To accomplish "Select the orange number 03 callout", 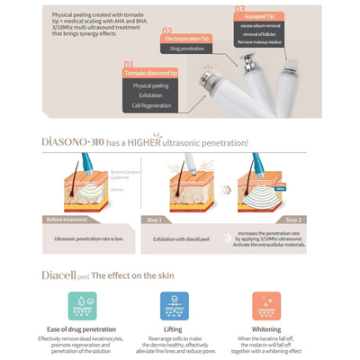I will pyautogui.click(x=240, y=10).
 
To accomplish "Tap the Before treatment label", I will pyautogui.click(x=68, y=220).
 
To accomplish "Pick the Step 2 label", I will pyautogui.click(x=293, y=220).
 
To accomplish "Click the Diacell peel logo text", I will pyautogui.click(x=64, y=275).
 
